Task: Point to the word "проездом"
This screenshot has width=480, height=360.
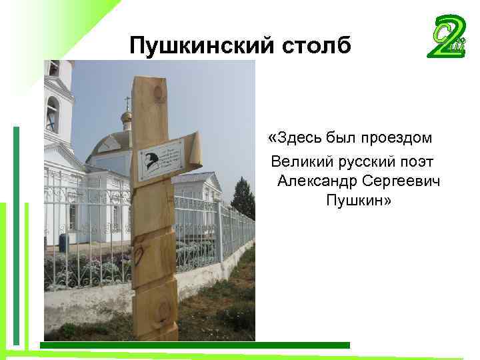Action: [396, 138]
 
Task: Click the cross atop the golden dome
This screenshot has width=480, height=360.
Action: [127, 102]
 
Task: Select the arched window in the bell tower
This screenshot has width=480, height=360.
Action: [52, 113]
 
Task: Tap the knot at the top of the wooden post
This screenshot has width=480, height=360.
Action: [160, 93]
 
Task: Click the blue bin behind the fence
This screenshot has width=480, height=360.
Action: [63, 241]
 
